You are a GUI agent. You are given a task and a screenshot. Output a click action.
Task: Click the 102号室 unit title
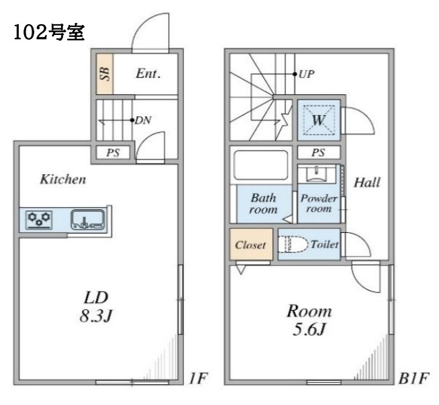click(49, 32)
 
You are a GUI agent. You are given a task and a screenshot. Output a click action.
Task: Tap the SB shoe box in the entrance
click(105, 74)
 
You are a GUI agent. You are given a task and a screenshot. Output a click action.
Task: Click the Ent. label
click(148, 74)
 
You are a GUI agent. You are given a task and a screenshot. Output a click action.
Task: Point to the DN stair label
click(143, 120)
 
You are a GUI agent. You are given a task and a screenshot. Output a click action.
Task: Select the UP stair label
click(306, 74)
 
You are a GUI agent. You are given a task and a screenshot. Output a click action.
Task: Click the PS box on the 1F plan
click(113, 153)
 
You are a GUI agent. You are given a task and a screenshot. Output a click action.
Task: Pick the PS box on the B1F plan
click(319, 153)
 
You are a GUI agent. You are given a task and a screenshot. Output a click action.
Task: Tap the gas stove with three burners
click(39, 220)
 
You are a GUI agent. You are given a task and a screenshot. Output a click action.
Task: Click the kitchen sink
click(88, 219)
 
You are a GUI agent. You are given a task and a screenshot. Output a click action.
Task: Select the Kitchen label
click(63, 180)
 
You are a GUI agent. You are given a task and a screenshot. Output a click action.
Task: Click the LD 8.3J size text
click(96, 307)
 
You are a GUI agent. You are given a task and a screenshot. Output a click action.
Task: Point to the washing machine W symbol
click(319, 120)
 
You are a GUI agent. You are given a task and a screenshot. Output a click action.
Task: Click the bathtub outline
click(261, 165)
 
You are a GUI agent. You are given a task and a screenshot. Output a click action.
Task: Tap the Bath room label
click(263, 203)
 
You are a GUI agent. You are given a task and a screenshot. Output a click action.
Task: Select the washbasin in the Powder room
click(317, 174)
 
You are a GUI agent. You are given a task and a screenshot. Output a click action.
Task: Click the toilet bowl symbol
click(293, 244)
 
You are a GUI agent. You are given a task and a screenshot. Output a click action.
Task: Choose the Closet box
click(251, 244)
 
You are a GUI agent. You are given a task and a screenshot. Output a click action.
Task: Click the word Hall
click(367, 182)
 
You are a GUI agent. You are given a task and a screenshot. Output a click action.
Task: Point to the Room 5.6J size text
click(309, 320)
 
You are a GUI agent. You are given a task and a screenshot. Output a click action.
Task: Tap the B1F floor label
click(413, 378)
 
